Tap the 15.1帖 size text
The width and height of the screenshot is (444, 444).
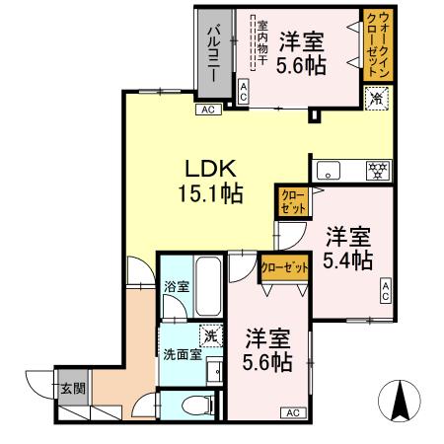pos(204,194)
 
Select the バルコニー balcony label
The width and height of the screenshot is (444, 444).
pos(212,54)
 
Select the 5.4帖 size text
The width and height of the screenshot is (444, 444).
pos(347,261)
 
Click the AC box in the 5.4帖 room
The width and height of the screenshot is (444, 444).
pos(386,290)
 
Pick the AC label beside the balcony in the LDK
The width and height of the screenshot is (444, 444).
pos(208,110)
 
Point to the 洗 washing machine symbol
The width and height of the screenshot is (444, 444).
pos(209,333)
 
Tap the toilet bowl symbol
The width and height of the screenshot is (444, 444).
pos(198,404)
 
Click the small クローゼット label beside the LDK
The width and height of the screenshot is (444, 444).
pos(292,201)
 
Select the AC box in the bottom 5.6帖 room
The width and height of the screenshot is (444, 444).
pos(294,412)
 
